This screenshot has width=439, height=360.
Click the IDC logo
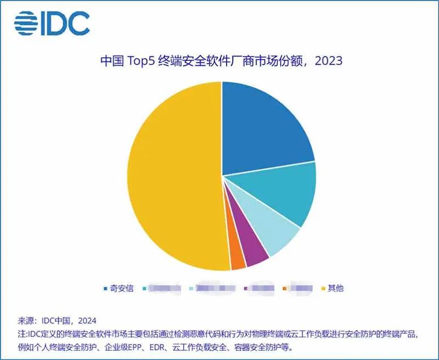point(52,23)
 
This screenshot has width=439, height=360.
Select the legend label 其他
point(335,288)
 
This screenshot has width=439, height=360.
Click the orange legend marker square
point(285,288)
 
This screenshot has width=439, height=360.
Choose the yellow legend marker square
point(324,288)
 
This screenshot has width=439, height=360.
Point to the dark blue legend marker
point(105,288)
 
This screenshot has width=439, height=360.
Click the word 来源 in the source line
point(27,321)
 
